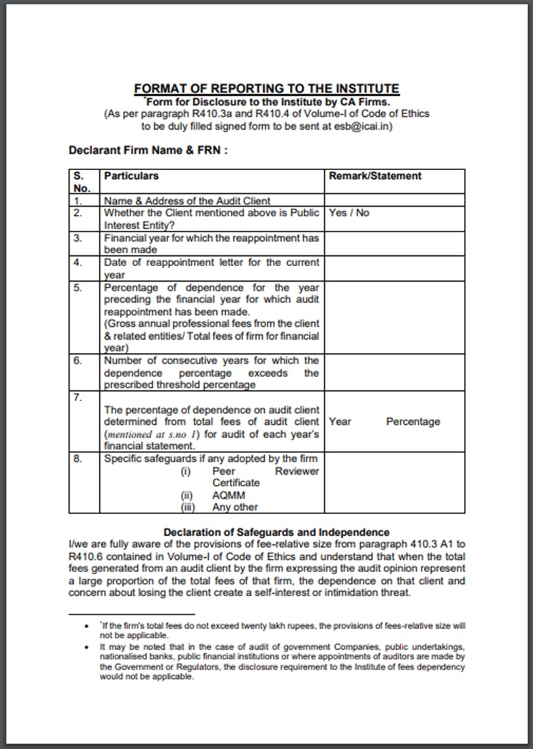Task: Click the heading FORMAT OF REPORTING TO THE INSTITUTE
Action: pos(266,88)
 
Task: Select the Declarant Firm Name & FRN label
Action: pos(148,150)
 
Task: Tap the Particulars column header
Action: pos(132,176)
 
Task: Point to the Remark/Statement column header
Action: pos(375,176)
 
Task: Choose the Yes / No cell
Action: pos(349,213)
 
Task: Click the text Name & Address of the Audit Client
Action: pos(187,201)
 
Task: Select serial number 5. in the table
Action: pos(78,288)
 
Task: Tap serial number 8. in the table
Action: pos(78,459)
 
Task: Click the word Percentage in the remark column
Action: pos(413,421)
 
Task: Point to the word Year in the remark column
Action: pos(340,421)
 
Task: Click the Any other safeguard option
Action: pos(234,507)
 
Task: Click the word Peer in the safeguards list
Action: pos(224,471)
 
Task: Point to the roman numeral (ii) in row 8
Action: pos(187,495)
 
